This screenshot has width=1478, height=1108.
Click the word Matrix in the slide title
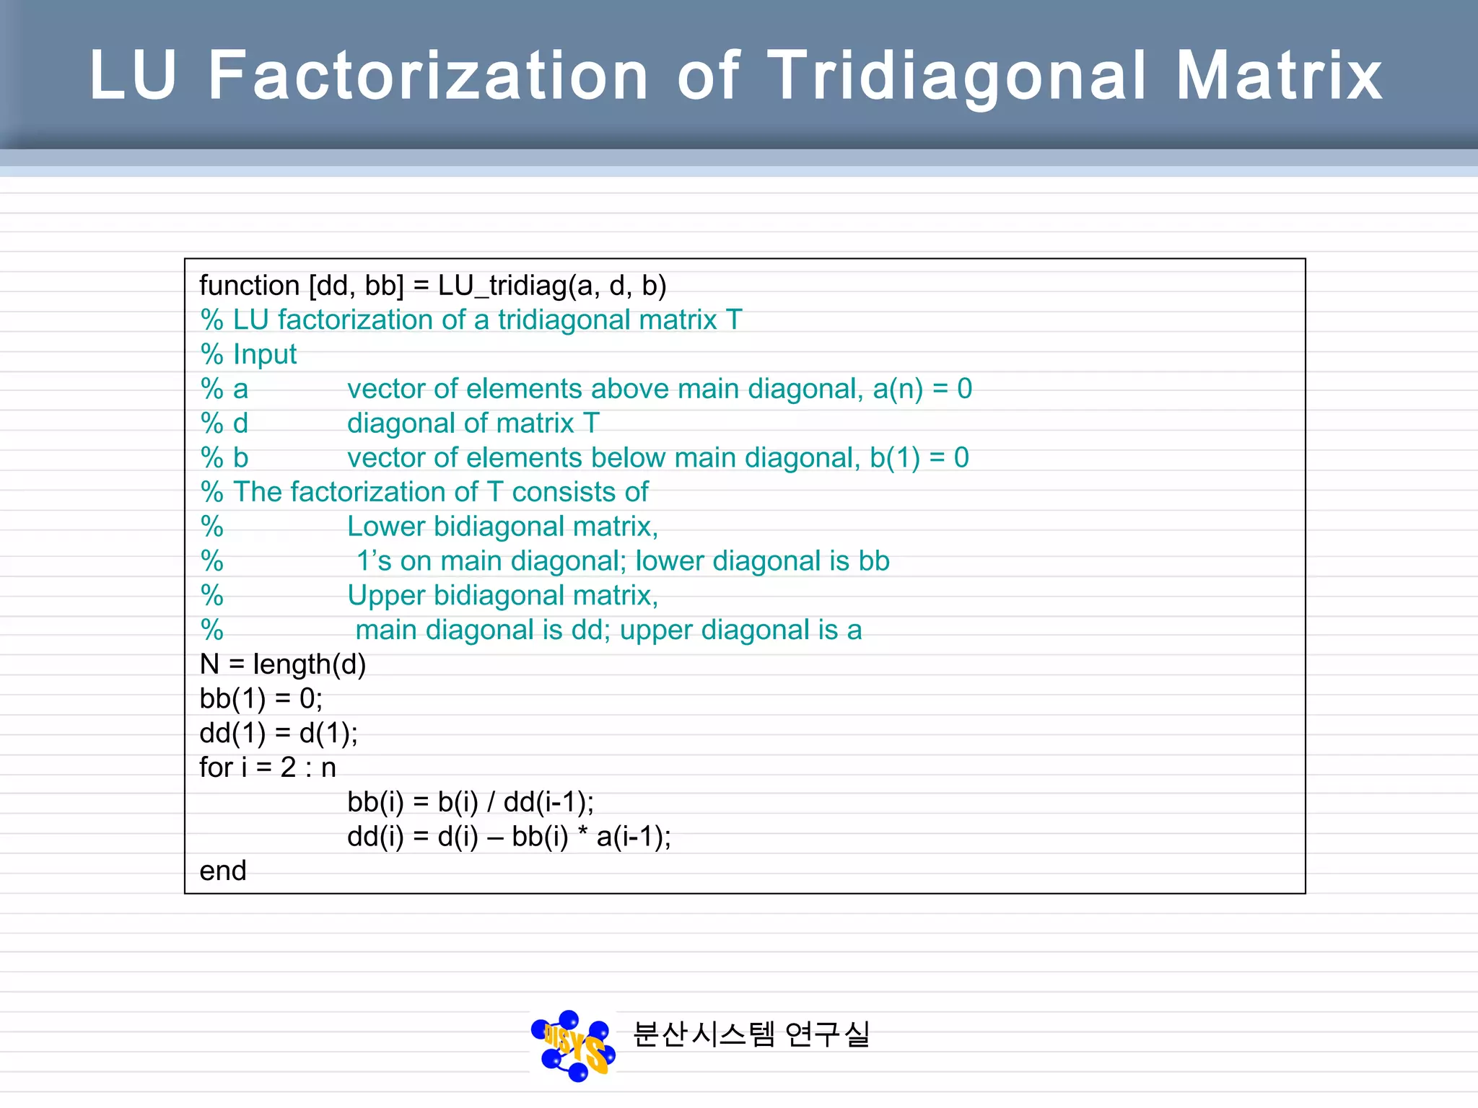click(x=1279, y=76)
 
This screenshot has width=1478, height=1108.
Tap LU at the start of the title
click(x=134, y=76)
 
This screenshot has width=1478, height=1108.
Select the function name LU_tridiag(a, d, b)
click(x=551, y=286)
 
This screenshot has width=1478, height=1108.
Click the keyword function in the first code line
click(x=249, y=286)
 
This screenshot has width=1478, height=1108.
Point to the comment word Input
click(x=265, y=355)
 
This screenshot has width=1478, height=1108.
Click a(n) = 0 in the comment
click(x=922, y=390)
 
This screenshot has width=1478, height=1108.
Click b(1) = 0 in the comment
click(x=919, y=458)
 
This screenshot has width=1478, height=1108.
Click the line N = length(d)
click(x=283, y=664)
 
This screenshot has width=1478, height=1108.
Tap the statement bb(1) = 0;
click(x=261, y=699)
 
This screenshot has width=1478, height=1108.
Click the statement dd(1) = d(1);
click(x=279, y=734)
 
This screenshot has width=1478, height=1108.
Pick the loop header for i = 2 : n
click(x=268, y=768)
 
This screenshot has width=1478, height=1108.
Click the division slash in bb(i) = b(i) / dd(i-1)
click(x=491, y=802)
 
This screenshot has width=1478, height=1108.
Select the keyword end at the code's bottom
click(x=223, y=871)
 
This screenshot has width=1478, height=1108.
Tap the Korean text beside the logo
click(x=751, y=1034)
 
